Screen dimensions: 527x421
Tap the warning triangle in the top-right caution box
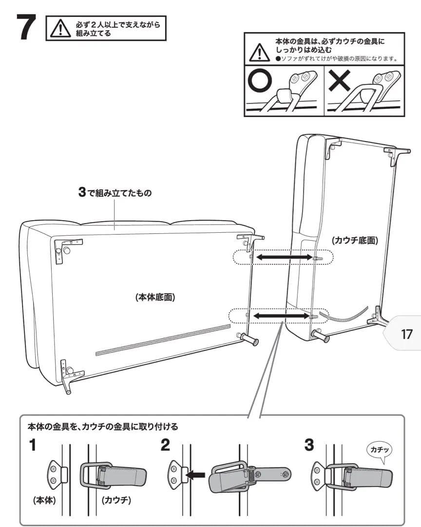coord(259,52)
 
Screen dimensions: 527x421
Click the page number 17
coord(406,334)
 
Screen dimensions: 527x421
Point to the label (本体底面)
coord(155,297)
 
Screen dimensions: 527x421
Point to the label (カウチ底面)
coord(355,241)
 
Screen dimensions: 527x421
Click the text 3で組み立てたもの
coord(115,193)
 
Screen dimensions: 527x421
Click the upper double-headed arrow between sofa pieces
coord(285,257)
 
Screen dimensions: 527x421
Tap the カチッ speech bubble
coord(379,450)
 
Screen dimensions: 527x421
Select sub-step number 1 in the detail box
coord(33,446)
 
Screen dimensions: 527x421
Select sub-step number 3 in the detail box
coord(308,446)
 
